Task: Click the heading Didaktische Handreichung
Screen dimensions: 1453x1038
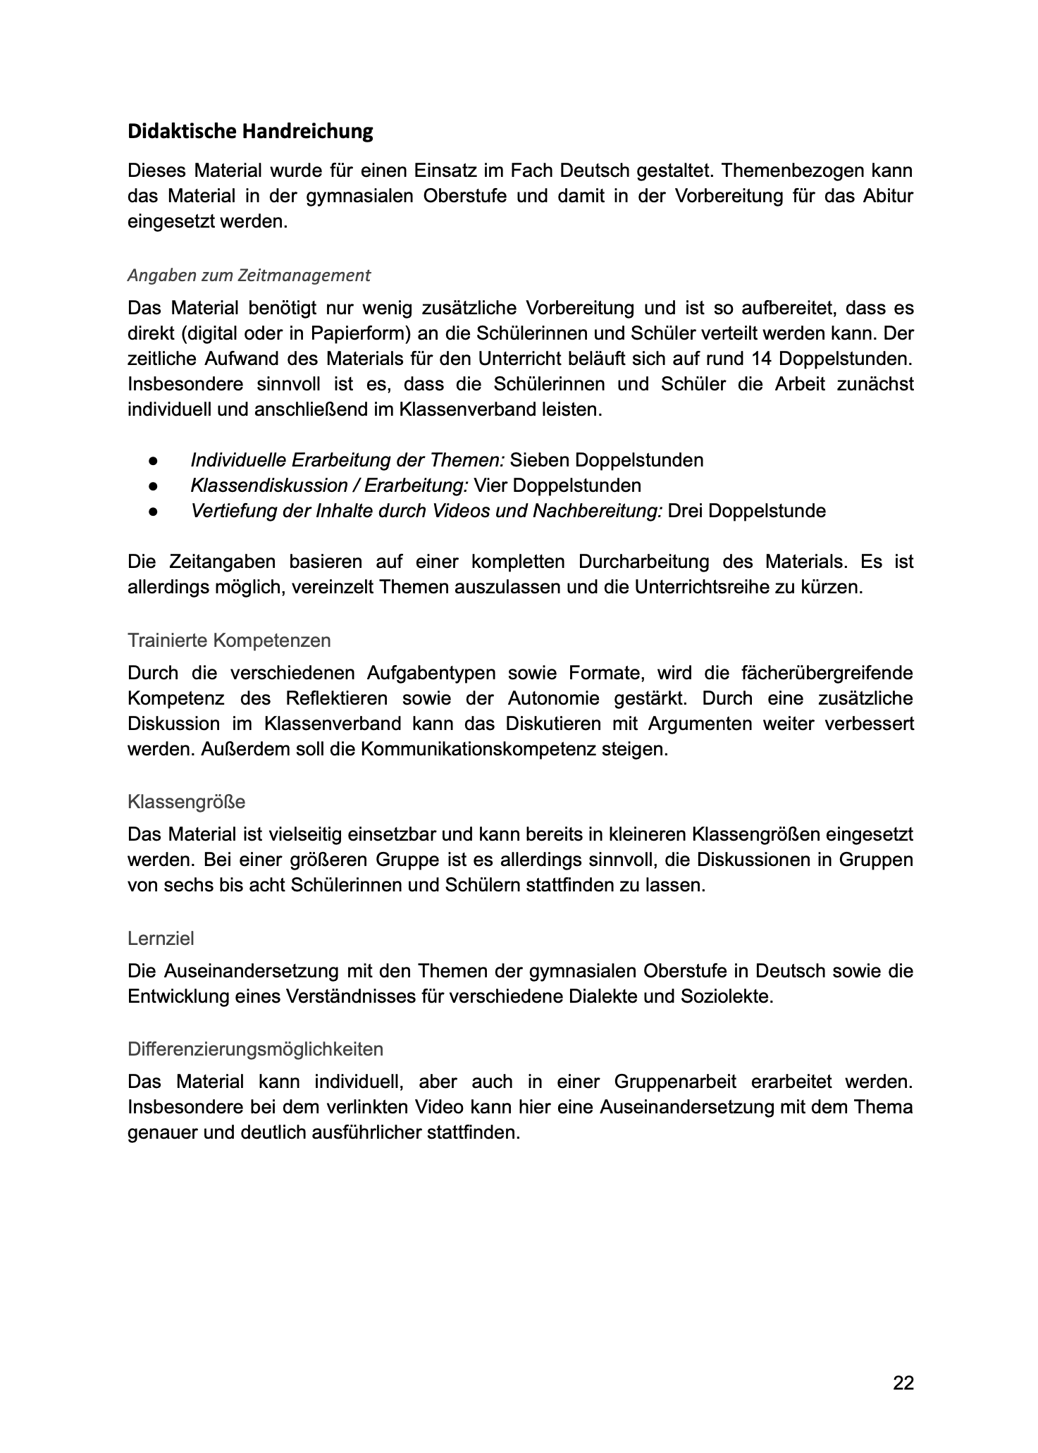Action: (x=249, y=132)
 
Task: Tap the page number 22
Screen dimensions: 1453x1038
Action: (x=903, y=1383)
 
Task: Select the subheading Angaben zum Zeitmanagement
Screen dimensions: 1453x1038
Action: (x=249, y=276)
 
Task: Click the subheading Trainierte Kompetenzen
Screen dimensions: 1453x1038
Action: (x=229, y=641)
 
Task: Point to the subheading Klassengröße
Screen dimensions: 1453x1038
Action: (x=186, y=802)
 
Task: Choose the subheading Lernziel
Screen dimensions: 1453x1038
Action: (x=161, y=939)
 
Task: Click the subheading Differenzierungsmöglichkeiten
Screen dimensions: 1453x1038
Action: (x=255, y=1049)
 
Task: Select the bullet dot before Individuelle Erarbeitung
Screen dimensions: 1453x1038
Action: (x=152, y=461)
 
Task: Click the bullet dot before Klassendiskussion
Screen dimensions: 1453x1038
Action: (x=152, y=486)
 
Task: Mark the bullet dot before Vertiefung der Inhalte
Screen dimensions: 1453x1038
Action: (x=152, y=512)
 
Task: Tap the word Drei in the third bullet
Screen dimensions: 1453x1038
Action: (x=684, y=512)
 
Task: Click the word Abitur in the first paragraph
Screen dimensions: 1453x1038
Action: (x=889, y=196)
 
